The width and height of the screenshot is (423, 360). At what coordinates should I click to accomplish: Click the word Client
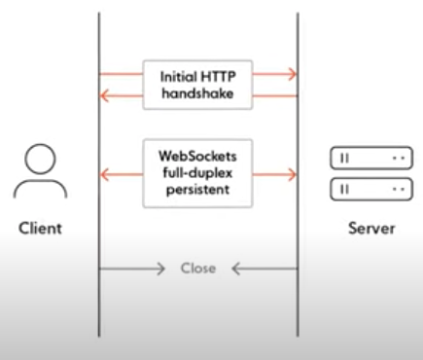(x=40, y=228)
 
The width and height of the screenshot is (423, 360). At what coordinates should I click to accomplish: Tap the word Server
(x=371, y=229)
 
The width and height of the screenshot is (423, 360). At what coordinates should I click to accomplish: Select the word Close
(x=198, y=269)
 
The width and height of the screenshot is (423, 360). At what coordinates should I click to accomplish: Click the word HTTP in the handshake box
(x=218, y=77)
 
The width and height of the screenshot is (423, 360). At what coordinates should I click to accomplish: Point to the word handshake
(x=197, y=93)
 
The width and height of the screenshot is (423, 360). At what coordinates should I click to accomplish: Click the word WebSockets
(x=197, y=156)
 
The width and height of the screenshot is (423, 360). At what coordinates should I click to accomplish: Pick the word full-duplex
(x=197, y=172)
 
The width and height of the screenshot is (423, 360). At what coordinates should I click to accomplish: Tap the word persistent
(x=197, y=189)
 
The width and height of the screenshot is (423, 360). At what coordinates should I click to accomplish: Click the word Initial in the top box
(x=179, y=77)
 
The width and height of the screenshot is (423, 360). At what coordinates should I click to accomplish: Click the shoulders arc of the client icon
(x=40, y=181)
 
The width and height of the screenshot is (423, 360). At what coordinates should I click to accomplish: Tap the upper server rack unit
(x=371, y=159)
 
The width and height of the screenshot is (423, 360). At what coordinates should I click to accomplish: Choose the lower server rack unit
(x=371, y=189)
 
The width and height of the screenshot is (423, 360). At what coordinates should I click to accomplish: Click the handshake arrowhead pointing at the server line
(x=293, y=74)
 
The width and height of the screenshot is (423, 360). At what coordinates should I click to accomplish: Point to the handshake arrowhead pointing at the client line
(x=104, y=96)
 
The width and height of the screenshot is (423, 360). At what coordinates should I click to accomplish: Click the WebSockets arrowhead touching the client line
(x=104, y=175)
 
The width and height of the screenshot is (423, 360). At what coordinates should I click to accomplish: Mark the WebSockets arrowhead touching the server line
(x=293, y=175)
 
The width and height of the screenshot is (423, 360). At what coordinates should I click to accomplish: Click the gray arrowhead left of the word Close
(x=160, y=269)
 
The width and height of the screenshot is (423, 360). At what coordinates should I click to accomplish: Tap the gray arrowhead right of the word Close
(x=236, y=269)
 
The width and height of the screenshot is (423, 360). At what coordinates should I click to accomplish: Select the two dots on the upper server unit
(x=399, y=159)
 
